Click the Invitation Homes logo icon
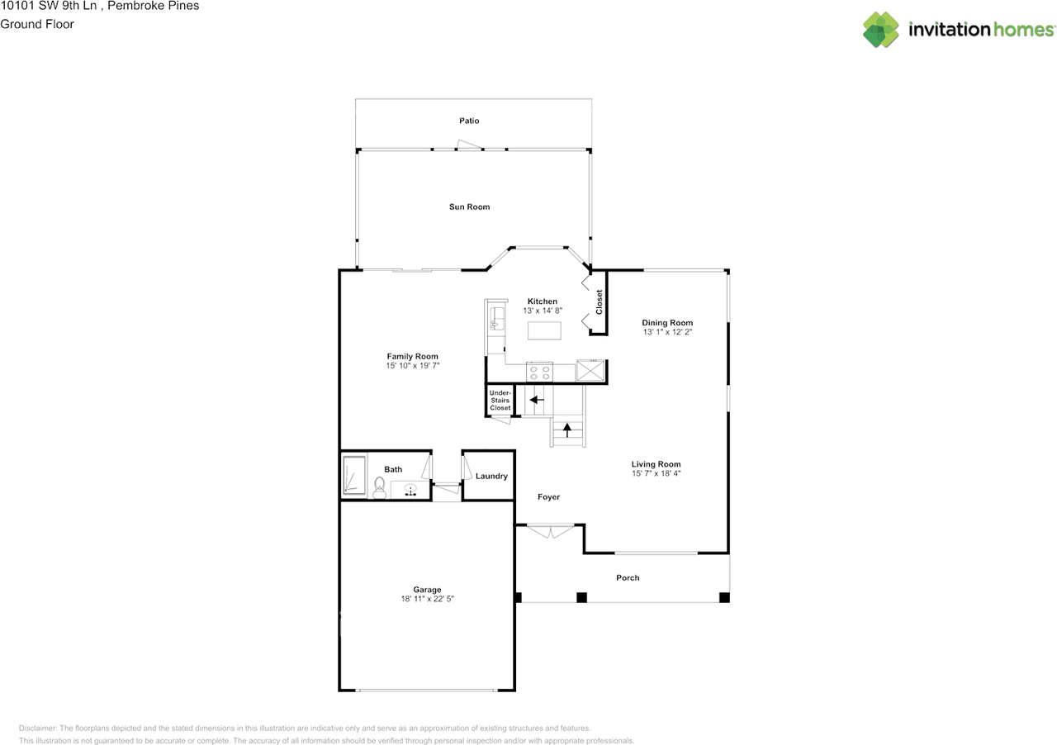[881, 30]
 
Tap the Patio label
[469, 121]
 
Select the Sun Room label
[469, 206]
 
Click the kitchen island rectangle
[544, 330]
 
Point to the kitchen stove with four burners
[539, 372]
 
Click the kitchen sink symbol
[496, 318]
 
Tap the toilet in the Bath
[380, 487]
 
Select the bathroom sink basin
[410, 490]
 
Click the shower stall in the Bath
[354, 477]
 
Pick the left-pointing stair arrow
[537, 400]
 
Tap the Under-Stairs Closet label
[500, 400]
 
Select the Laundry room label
[491, 477]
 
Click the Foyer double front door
[550, 530]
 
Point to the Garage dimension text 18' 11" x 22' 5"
[427, 599]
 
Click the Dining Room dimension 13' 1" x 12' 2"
[667, 332]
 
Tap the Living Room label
[656, 464]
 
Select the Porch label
[628, 578]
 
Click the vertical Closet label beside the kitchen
[600, 302]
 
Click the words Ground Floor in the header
[37, 24]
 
